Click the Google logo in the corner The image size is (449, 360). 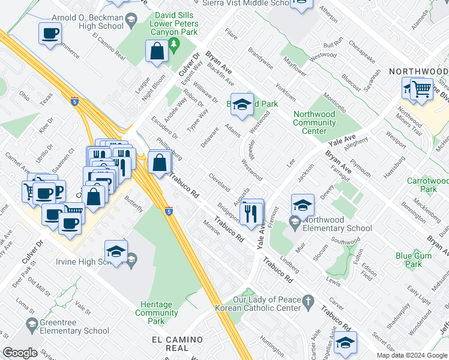(20, 353)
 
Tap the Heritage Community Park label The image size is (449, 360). (157, 313)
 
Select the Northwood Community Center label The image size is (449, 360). (315, 122)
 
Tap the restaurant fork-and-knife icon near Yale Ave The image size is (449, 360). (252, 211)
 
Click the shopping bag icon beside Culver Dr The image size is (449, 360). (157, 52)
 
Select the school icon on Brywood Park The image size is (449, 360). (241, 104)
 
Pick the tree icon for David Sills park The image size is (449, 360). (174, 44)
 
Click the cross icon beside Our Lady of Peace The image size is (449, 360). (308, 300)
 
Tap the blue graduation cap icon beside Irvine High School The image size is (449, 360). (116, 251)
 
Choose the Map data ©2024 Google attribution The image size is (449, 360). (412, 355)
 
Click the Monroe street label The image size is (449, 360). (212, 228)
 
